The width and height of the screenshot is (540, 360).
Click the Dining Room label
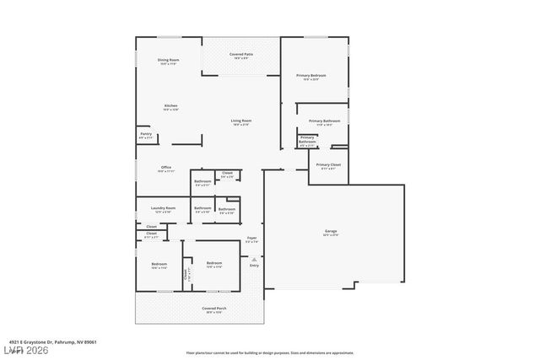(x=168, y=62)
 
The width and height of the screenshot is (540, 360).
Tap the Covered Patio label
(x=240, y=56)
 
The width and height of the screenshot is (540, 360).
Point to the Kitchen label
(x=171, y=107)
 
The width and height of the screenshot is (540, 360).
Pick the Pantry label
(x=146, y=135)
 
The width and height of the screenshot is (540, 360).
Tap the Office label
(x=166, y=169)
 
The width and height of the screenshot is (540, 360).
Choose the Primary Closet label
(x=329, y=166)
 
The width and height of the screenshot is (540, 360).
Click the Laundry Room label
(x=163, y=209)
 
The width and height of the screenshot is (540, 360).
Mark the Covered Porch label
(x=213, y=309)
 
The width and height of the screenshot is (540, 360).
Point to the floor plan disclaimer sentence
(x=269, y=353)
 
